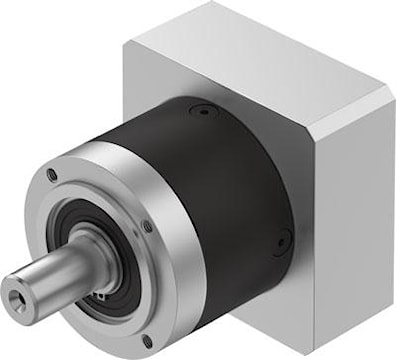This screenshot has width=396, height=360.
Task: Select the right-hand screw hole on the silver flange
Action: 147,227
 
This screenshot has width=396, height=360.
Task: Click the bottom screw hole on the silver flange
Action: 147,340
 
